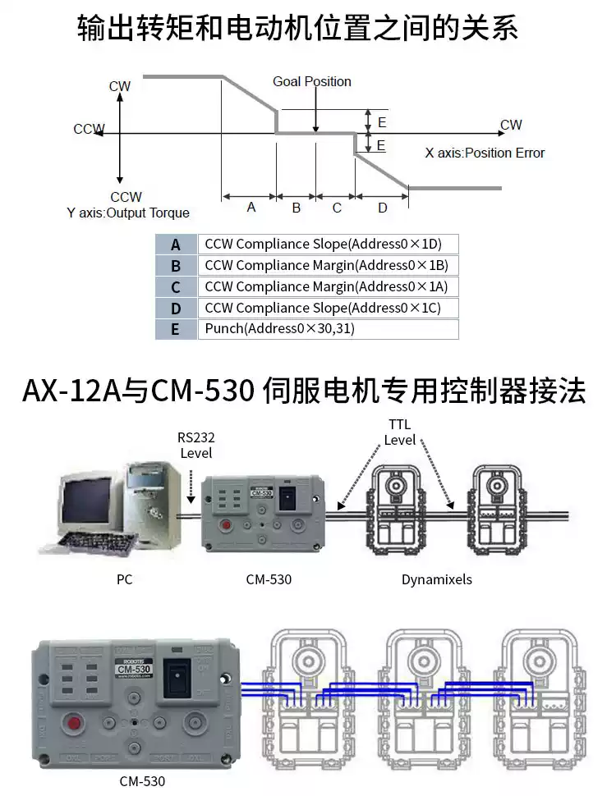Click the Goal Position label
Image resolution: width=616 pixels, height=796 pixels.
tap(312, 82)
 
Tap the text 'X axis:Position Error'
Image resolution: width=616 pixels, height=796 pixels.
tap(485, 153)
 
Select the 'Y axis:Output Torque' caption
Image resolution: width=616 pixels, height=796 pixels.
tap(128, 213)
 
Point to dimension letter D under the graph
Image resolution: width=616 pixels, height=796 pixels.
tap(382, 208)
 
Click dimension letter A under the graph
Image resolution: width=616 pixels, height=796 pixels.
tap(251, 208)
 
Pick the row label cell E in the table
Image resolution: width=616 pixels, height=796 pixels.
tap(175, 330)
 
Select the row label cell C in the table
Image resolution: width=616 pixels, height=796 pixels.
tap(175, 287)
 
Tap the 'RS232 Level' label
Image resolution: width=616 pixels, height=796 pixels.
tap(195, 446)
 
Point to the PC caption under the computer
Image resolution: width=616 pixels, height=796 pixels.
tap(125, 579)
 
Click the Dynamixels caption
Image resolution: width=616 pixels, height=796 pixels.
tap(437, 579)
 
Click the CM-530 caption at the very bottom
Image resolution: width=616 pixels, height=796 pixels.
tap(142, 781)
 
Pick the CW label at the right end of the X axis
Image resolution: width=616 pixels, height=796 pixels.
tap(511, 125)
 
